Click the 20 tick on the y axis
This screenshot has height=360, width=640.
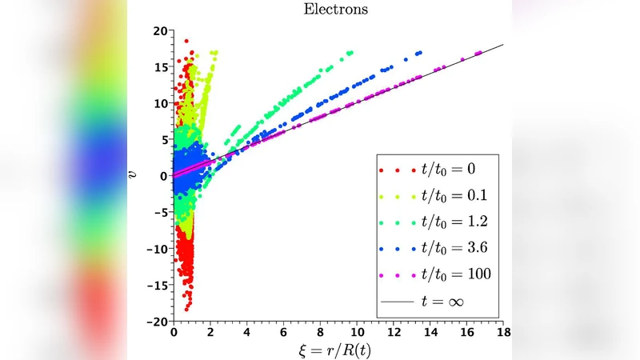click(160, 30)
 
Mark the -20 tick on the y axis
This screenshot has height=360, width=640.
click(158, 322)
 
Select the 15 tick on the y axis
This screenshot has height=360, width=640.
click(160, 67)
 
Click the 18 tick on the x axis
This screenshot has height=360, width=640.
click(503, 331)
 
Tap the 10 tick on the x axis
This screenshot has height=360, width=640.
click(357, 331)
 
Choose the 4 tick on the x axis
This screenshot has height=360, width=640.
click(247, 331)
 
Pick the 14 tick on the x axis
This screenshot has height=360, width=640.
click(430, 331)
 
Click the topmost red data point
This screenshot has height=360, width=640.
click(186, 40)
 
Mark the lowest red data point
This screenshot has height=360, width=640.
click(187, 309)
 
